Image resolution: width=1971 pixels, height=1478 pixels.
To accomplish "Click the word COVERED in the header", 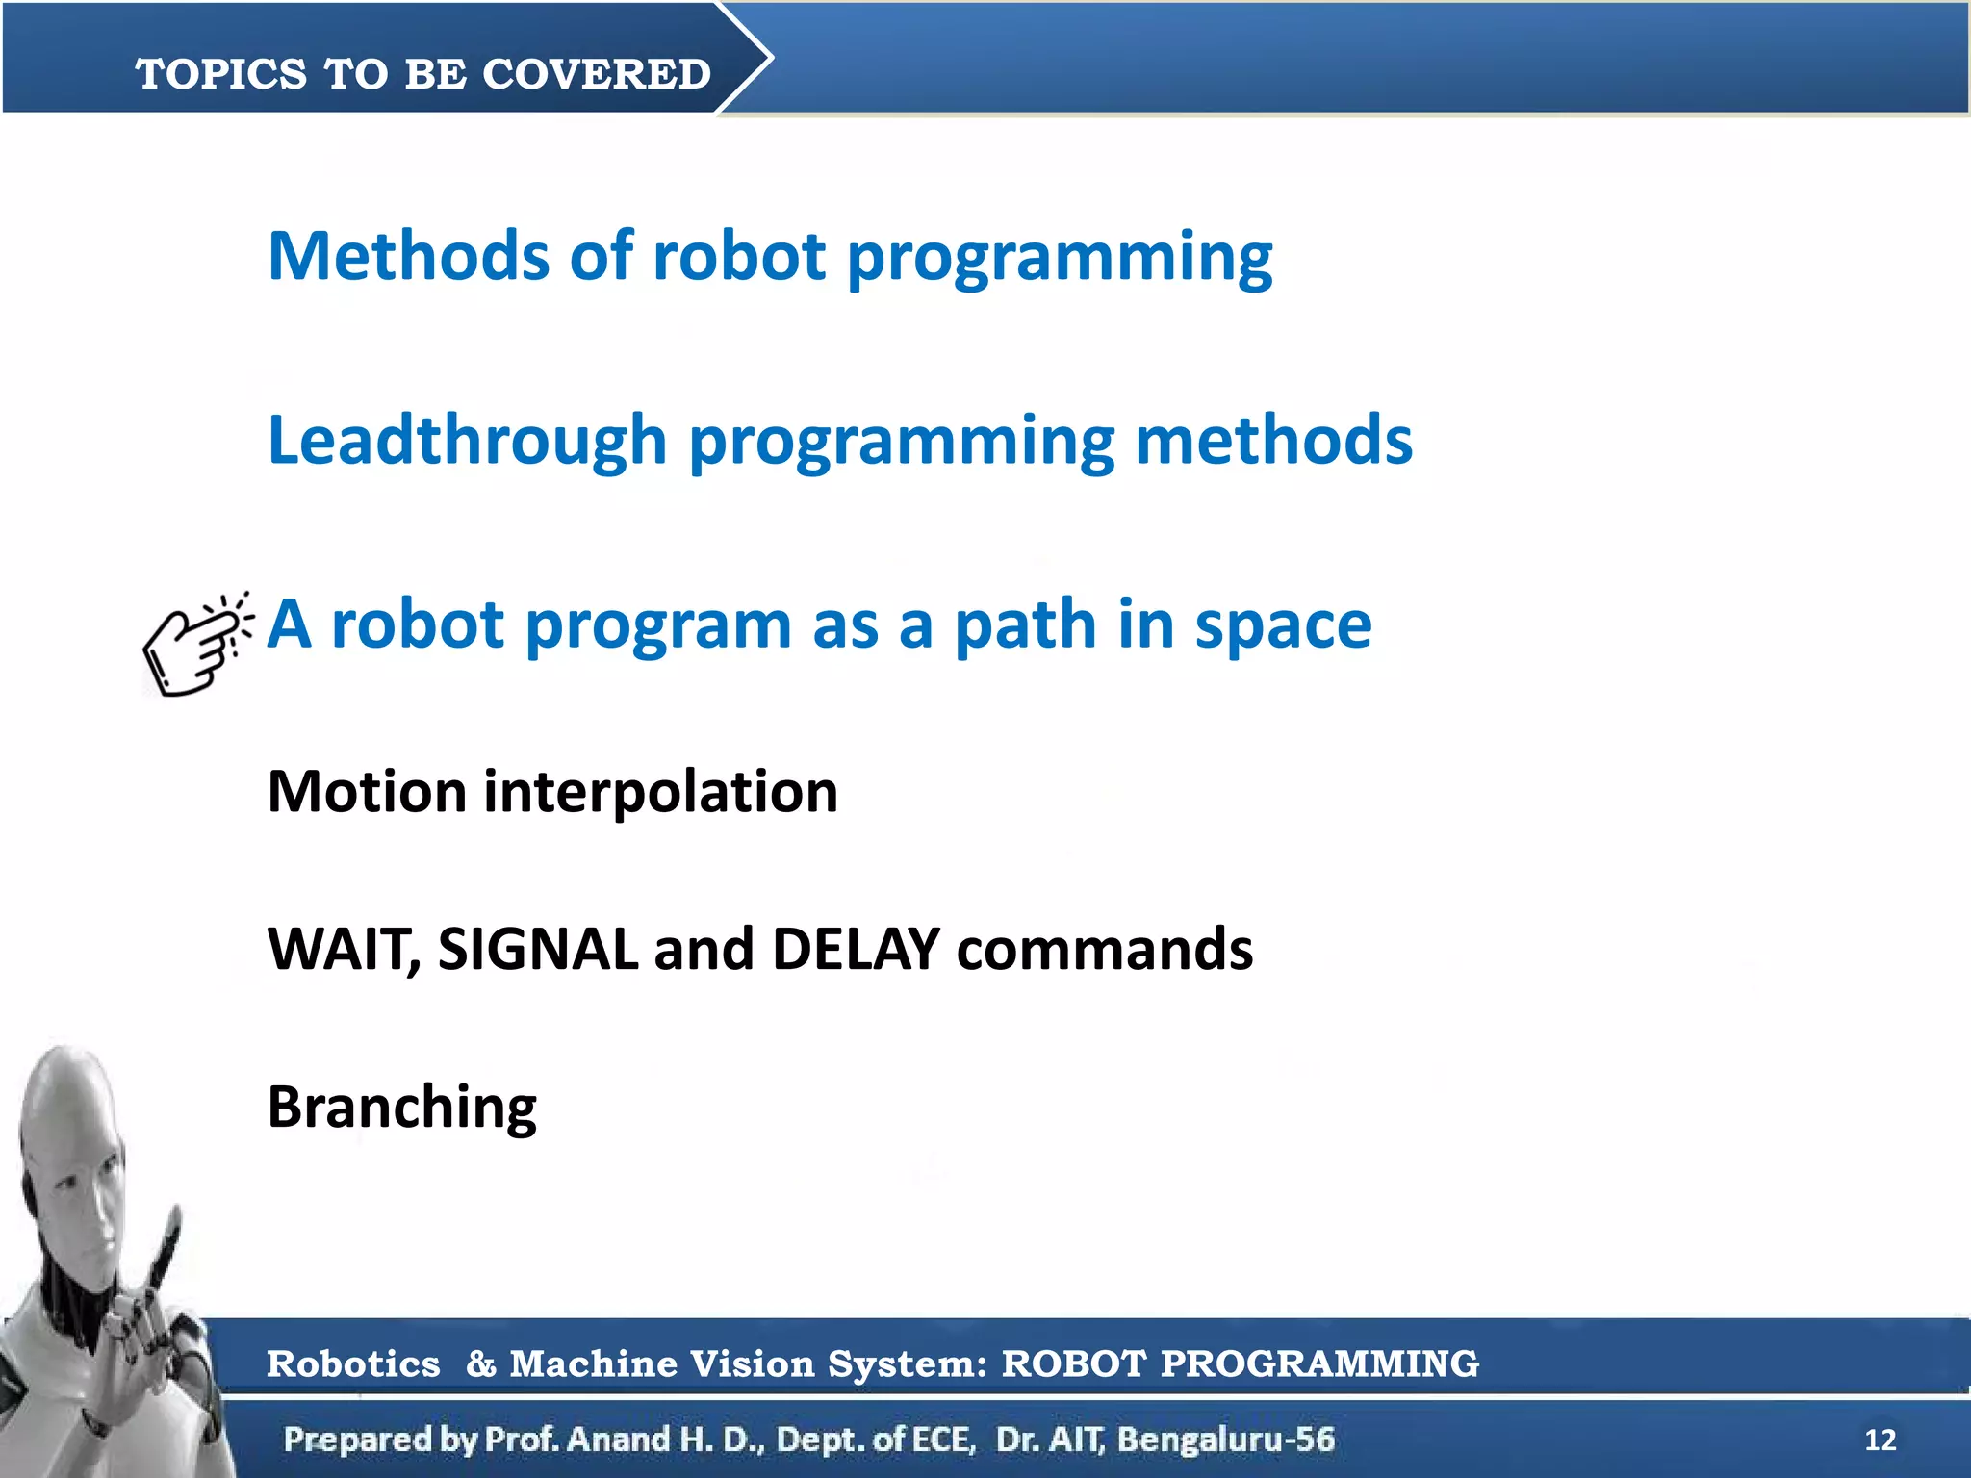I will (x=596, y=74).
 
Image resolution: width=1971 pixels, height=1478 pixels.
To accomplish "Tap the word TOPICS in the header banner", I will (x=221, y=74).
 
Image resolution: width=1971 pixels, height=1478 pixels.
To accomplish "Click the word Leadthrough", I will (x=467, y=440).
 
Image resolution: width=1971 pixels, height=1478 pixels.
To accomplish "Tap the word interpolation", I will (x=660, y=792).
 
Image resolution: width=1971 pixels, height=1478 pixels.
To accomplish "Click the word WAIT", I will (x=342, y=950).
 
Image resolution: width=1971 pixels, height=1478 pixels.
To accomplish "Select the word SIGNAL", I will (x=537, y=950).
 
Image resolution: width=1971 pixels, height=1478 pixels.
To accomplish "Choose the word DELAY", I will (x=855, y=950).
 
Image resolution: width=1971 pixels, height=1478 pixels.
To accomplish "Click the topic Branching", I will (x=401, y=1108).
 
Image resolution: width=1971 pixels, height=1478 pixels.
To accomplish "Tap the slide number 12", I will (x=1880, y=1440).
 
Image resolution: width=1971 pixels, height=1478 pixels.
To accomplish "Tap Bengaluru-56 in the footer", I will (x=1225, y=1440).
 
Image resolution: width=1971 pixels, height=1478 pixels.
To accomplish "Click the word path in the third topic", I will (x=1024, y=626).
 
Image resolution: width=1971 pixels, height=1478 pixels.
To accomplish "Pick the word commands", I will (x=1104, y=950).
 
